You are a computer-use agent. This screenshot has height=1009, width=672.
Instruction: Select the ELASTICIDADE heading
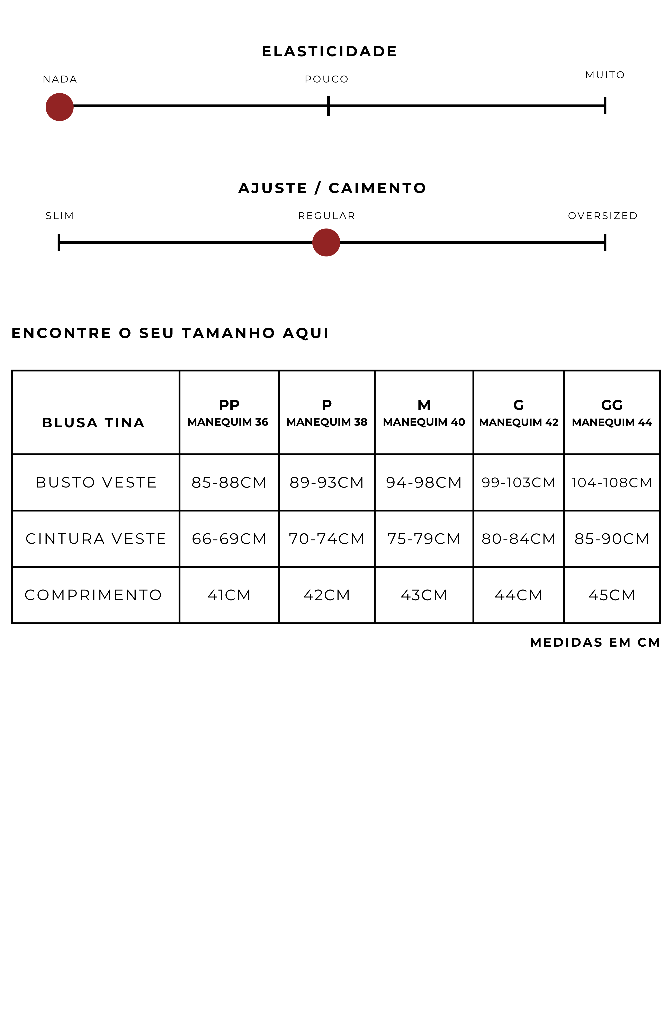click(x=329, y=51)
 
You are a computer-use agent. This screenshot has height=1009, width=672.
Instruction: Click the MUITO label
click(x=605, y=75)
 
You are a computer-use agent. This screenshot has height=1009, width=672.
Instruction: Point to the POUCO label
click(x=326, y=79)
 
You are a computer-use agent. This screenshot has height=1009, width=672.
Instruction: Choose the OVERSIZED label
click(x=603, y=216)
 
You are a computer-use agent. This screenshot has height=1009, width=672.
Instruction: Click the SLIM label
click(x=60, y=216)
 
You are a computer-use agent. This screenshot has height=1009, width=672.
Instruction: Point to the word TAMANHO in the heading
click(x=228, y=333)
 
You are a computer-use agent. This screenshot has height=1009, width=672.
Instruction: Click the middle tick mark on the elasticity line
click(x=328, y=105)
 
